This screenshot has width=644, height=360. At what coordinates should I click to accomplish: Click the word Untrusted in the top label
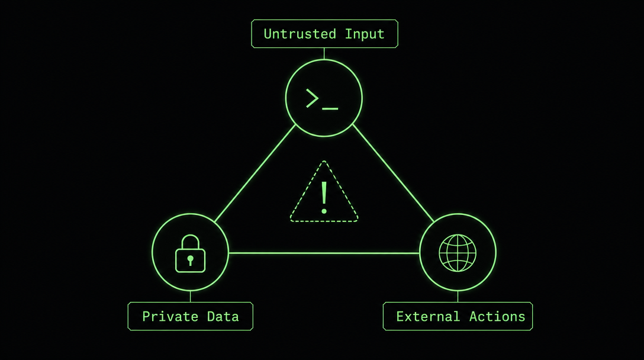tap(300, 34)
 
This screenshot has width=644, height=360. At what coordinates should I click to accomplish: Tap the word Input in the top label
tap(365, 34)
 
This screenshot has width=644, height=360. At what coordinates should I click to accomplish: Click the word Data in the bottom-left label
tap(223, 316)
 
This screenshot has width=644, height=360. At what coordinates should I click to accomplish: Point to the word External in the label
tap(428, 316)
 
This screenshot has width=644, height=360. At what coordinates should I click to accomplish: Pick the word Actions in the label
tap(497, 316)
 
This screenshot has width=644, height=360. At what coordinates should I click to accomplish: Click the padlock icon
tap(190, 253)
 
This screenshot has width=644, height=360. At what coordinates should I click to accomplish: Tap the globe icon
tap(458, 253)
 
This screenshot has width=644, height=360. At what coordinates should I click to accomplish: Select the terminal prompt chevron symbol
tap(312, 99)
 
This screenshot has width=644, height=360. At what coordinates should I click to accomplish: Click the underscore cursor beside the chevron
tap(330, 109)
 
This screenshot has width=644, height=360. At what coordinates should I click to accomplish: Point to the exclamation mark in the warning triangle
tap(324, 198)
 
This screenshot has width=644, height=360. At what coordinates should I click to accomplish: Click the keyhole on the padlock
tap(190, 260)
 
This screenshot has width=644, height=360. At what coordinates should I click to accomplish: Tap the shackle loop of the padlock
tap(191, 242)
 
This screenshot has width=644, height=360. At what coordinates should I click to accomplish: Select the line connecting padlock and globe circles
tap(324, 253)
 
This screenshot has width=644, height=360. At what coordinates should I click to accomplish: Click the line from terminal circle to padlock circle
tap(255, 173)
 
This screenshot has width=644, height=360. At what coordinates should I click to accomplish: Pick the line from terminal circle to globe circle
tap(393, 173)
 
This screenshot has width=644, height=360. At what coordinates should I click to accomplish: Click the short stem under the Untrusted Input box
tap(324, 53)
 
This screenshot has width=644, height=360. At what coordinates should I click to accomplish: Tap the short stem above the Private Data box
tap(190, 296)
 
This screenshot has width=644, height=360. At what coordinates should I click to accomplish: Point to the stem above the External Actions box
tap(458, 296)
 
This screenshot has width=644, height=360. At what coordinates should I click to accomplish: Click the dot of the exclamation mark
tap(324, 211)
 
